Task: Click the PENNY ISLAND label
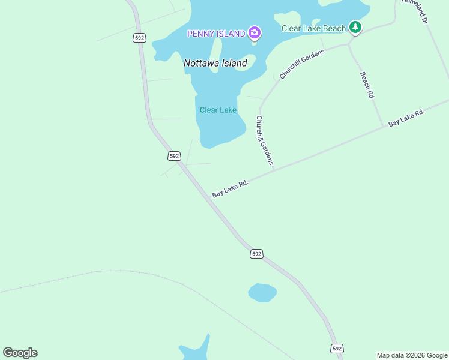[216, 34]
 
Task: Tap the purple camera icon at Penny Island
[255, 32]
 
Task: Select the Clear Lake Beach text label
[314, 28]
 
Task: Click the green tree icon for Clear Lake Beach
[355, 27]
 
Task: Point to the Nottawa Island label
[215, 63]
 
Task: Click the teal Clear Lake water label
[218, 110]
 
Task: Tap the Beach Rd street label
[367, 85]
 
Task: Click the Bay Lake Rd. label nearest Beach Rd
[406, 118]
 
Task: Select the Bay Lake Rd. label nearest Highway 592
[230, 188]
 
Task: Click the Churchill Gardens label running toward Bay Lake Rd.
[264, 140]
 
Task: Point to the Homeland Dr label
[415, 10]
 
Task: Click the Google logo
[20, 353]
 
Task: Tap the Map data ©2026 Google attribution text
[412, 355]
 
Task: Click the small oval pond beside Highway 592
[262, 293]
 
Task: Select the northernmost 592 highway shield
[139, 38]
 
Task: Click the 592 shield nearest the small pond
[256, 254]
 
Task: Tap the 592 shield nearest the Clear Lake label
[174, 155]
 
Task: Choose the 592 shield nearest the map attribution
[337, 348]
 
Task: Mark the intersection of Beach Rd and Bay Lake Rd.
[383, 126]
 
